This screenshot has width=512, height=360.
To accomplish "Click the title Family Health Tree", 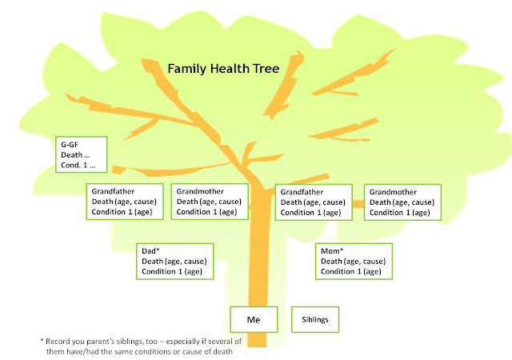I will (x=223, y=69).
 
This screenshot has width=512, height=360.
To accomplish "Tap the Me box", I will (x=253, y=319).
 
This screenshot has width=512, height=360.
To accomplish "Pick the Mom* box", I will (x=355, y=261).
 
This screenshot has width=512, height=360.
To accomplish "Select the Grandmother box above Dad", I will (x=210, y=202).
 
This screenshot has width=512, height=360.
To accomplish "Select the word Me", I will (x=253, y=319).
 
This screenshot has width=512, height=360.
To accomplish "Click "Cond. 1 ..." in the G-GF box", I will (x=78, y=166).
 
